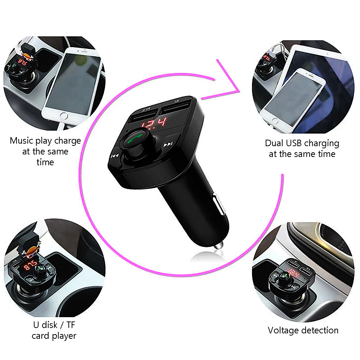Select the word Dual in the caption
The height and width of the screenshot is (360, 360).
[x=275, y=143]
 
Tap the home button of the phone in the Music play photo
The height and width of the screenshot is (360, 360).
[x=64, y=116]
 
